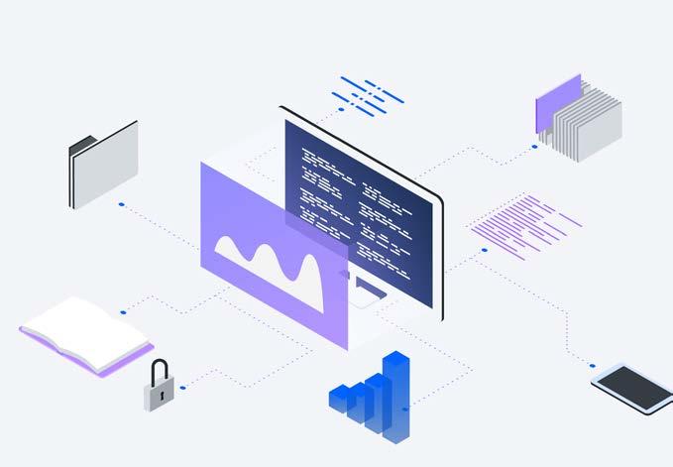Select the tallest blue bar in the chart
click(x=397, y=392)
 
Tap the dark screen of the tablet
click(x=633, y=388)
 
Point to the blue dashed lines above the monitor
click(x=368, y=94)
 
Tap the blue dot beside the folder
click(x=121, y=204)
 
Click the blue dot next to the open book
click(x=123, y=312)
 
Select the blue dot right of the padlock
click(x=183, y=388)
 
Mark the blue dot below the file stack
click(x=533, y=147)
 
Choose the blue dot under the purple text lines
click(x=484, y=250)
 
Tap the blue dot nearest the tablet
click(x=593, y=364)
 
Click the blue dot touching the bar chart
click(x=405, y=407)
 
